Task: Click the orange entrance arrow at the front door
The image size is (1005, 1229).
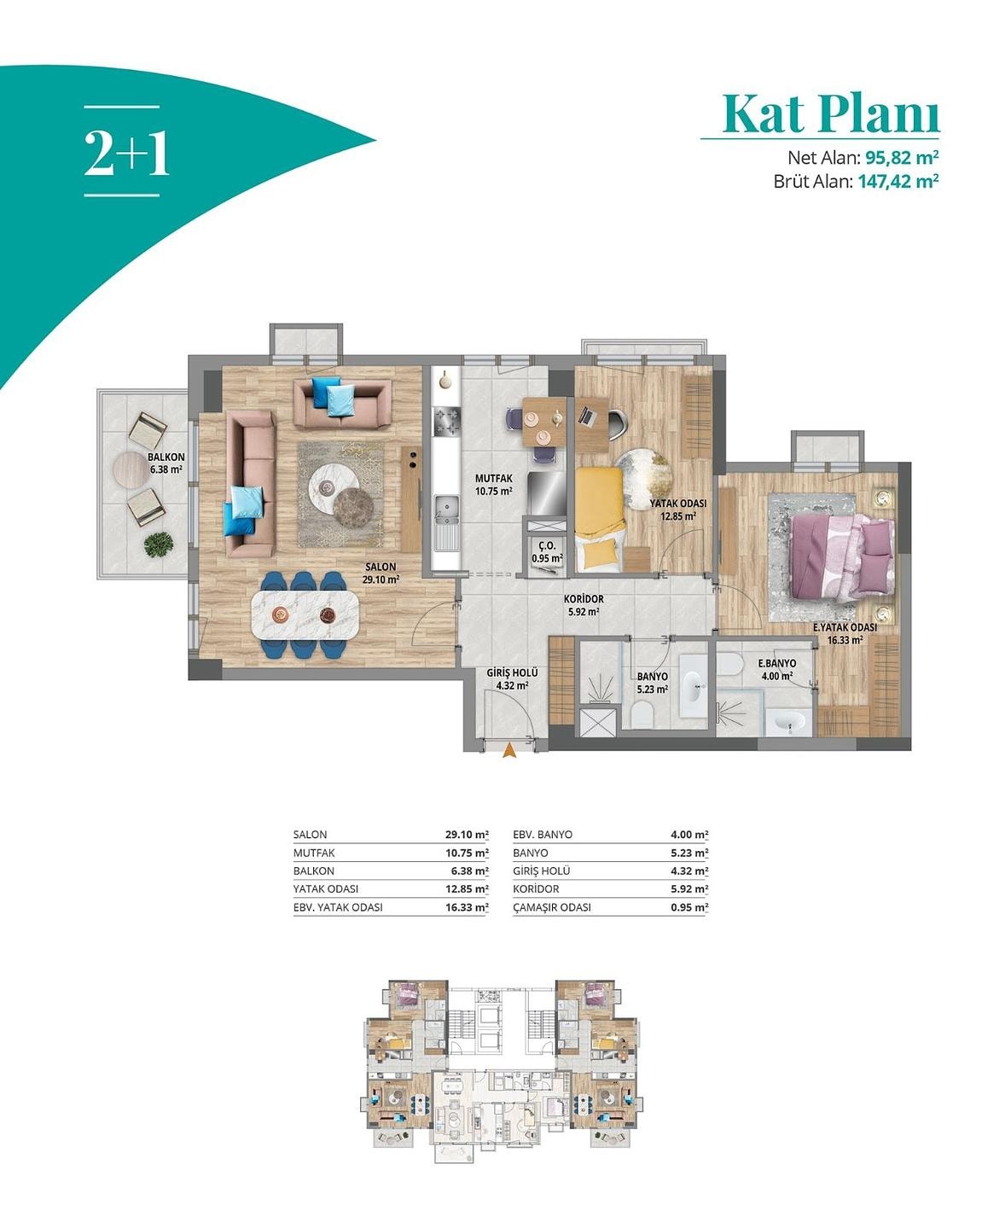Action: click(510, 750)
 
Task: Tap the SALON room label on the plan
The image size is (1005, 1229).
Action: click(381, 567)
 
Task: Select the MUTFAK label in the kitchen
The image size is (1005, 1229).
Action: click(493, 479)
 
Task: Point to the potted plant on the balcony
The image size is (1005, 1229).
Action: click(159, 545)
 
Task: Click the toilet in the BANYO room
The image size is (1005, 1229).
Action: click(642, 714)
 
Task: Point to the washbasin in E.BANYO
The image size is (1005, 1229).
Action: click(788, 722)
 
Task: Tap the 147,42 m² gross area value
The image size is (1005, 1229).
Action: click(898, 181)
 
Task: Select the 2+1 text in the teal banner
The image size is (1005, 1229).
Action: click(126, 153)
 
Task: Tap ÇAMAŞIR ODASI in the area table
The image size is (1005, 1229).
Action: click(552, 907)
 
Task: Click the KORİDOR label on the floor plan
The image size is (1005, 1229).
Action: click(584, 598)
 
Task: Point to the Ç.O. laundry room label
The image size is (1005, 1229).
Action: click(547, 546)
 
